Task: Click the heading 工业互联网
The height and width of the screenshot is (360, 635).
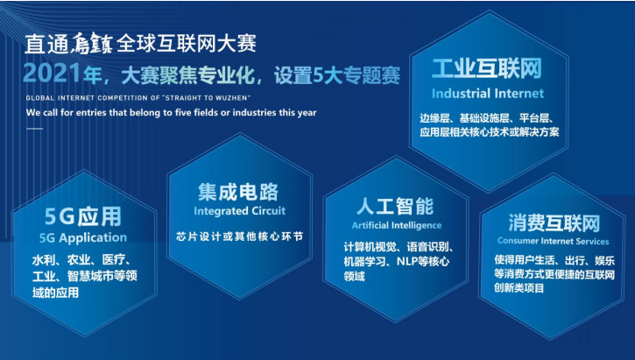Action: (x=487, y=68)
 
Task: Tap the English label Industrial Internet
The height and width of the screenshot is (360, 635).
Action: (x=488, y=94)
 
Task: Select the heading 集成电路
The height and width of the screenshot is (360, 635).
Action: (x=238, y=192)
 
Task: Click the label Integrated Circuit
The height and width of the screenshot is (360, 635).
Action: (x=240, y=211)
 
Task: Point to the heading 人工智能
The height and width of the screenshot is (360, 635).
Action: (x=395, y=206)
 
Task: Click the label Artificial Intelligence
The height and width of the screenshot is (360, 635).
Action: (x=397, y=225)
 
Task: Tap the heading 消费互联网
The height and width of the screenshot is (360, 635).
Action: (x=554, y=223)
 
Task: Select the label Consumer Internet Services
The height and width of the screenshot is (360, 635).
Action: (x=554, y=241)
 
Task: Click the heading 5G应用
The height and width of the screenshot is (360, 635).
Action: (x=83, y=216)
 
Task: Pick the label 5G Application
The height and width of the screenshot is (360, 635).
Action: (x=83, y=237)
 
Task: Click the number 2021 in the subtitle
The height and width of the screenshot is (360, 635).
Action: (x=53, y=73)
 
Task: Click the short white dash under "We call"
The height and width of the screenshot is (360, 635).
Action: (x=35, y=129)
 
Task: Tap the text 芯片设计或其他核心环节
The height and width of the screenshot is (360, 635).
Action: (x=240, y=236)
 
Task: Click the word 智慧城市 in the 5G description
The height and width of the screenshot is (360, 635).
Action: (x=90, y=276)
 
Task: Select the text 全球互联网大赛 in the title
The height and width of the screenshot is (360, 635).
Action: (x=187, y=43)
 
